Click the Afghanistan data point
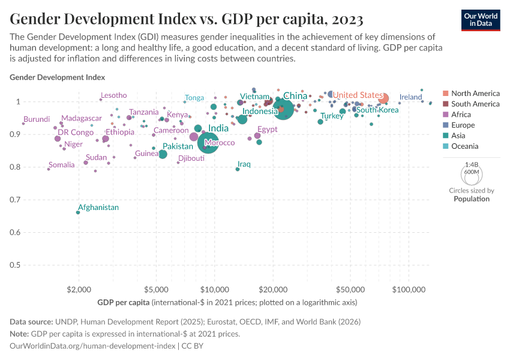click(78, 212)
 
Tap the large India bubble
click(208, 143)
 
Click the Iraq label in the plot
click(244, 164)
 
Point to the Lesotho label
click(114, 95)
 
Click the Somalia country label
click(62, 165)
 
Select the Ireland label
click(411, 97)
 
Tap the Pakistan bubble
click(163, 154)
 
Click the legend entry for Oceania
click(465, 146)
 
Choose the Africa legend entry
click(461, 115)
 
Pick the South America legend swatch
click(445, 104)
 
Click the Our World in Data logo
click(481, 19)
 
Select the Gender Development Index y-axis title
click(58, 77)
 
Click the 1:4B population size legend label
click(471, 164)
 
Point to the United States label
click(358, 95)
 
